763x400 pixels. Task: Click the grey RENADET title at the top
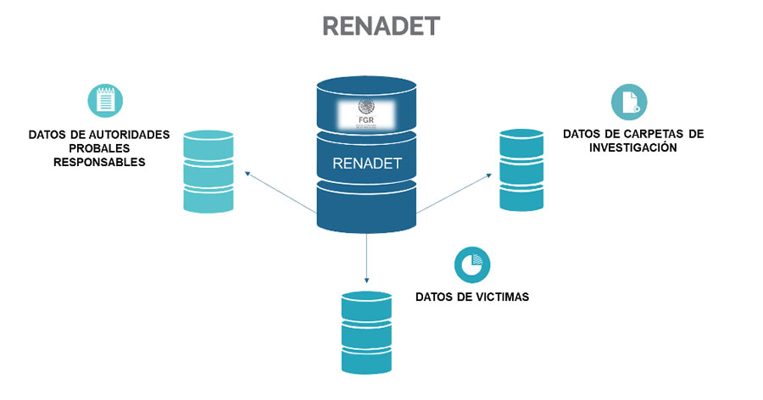pos(381,26)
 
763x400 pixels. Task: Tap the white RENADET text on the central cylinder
pos(367,162)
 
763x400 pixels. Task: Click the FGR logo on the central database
pos(367,111)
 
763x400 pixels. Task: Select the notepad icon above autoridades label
pos(105,100)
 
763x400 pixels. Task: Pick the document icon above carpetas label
pos(630,102)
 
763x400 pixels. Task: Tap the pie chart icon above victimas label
pos(471,266)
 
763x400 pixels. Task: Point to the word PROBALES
pos(99,148)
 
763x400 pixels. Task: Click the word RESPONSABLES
pos(99,162)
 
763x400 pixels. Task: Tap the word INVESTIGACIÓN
pos(633,147)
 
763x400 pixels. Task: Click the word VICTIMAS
pos(500,297)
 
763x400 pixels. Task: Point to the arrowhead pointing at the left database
pos(248,173)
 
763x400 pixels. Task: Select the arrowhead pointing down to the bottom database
pos(367,280)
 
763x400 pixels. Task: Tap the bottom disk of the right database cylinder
pos(521,198)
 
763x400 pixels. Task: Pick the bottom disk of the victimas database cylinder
pos(367,361)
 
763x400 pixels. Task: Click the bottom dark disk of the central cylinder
pos(367,208)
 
